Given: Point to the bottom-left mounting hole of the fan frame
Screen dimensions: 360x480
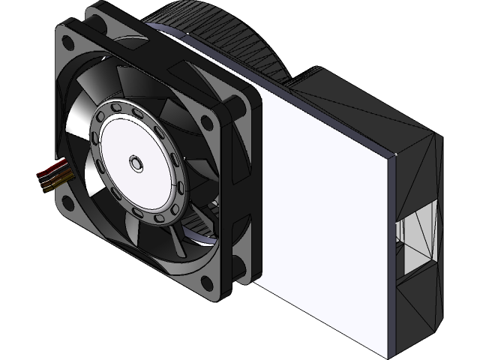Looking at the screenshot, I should click(x=68, y=201).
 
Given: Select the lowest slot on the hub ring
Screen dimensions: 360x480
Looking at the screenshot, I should click(x=159, y=217).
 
